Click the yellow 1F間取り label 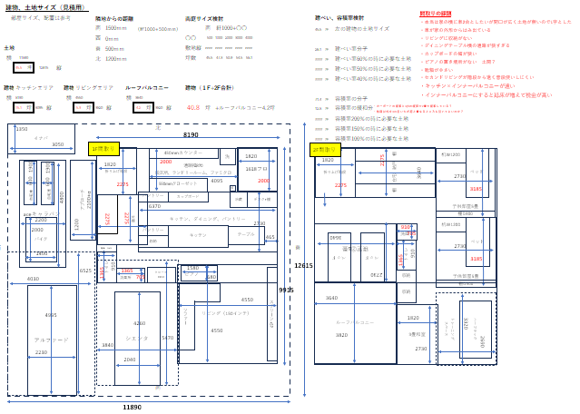pyautogui.click(x=103, y=148)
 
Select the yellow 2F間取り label pyautogui.click(x=324, y=149)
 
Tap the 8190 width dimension pyautogui.click(x=191, y=134)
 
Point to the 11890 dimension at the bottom pyautogui.click(x=132, y=408)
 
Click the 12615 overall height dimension pyautogui.click(x=303, y=265)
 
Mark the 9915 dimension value pyautogui.click(x=286, y=290)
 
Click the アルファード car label pyautogui.click(x=51, y=340)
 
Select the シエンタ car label pyautogui.click(x=137, y=338)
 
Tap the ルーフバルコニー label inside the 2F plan pyautogui.click(x=355, y=322)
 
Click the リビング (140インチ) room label pyautogui.click(x=217, y=312)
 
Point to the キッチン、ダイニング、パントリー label pyautogui.click(x=207, y=219)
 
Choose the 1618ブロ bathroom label pyautogui.click(x=256, y=169)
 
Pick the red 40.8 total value pyautogui.click(x=193, y=107)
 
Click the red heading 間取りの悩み pyautogui.click(x=435, y=15)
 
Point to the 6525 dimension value pyautogui.click(x=84, y=271)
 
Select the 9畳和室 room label pyautogui.click(x=417, y=333)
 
